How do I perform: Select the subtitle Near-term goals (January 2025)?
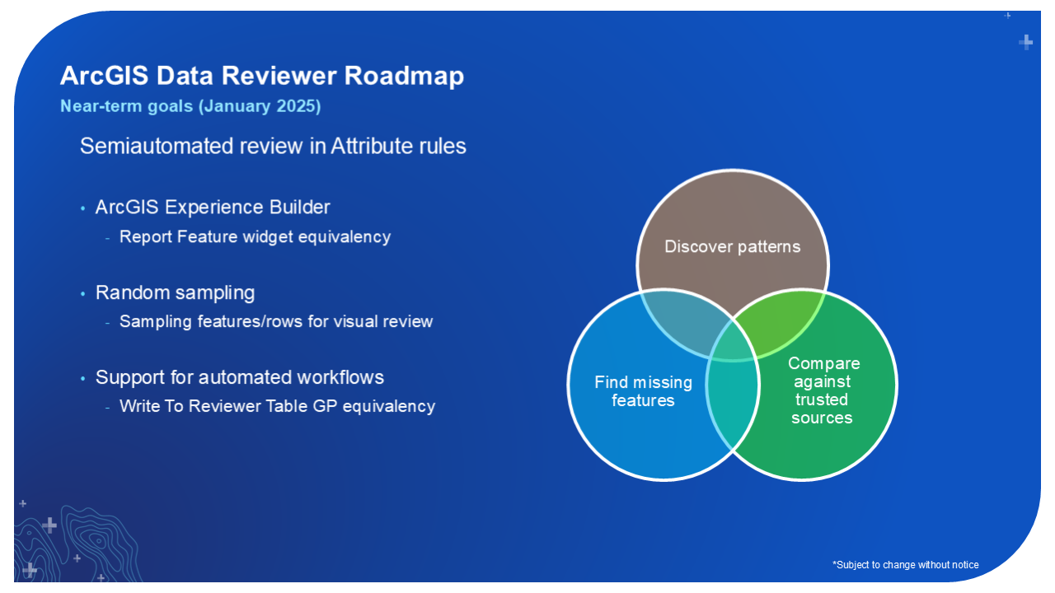(190, 106)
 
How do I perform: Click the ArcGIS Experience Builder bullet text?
(213, 207)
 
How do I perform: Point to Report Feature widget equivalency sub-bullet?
(255, 237)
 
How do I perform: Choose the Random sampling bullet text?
(175, 292)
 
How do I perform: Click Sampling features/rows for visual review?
(275, 321)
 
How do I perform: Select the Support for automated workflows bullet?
(239, 377)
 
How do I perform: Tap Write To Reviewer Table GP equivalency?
(277, 406)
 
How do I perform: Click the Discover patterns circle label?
(733, 247)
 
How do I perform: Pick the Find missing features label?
(643, 391)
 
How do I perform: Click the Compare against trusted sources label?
(823, 390)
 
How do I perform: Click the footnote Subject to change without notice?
(906, 565)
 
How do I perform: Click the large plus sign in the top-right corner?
(1026, 42)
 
